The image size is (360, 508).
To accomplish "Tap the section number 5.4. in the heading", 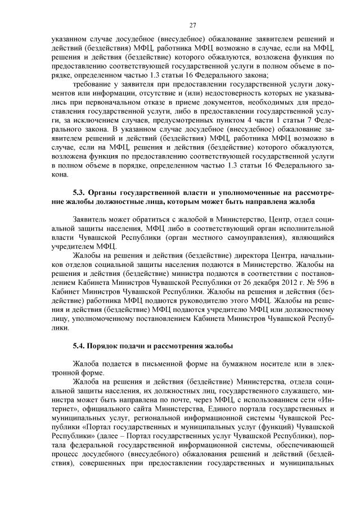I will click(81, 345).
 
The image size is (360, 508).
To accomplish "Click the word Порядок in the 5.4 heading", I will click(112, 345).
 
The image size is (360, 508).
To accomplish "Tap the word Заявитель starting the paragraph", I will click(92, 217).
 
